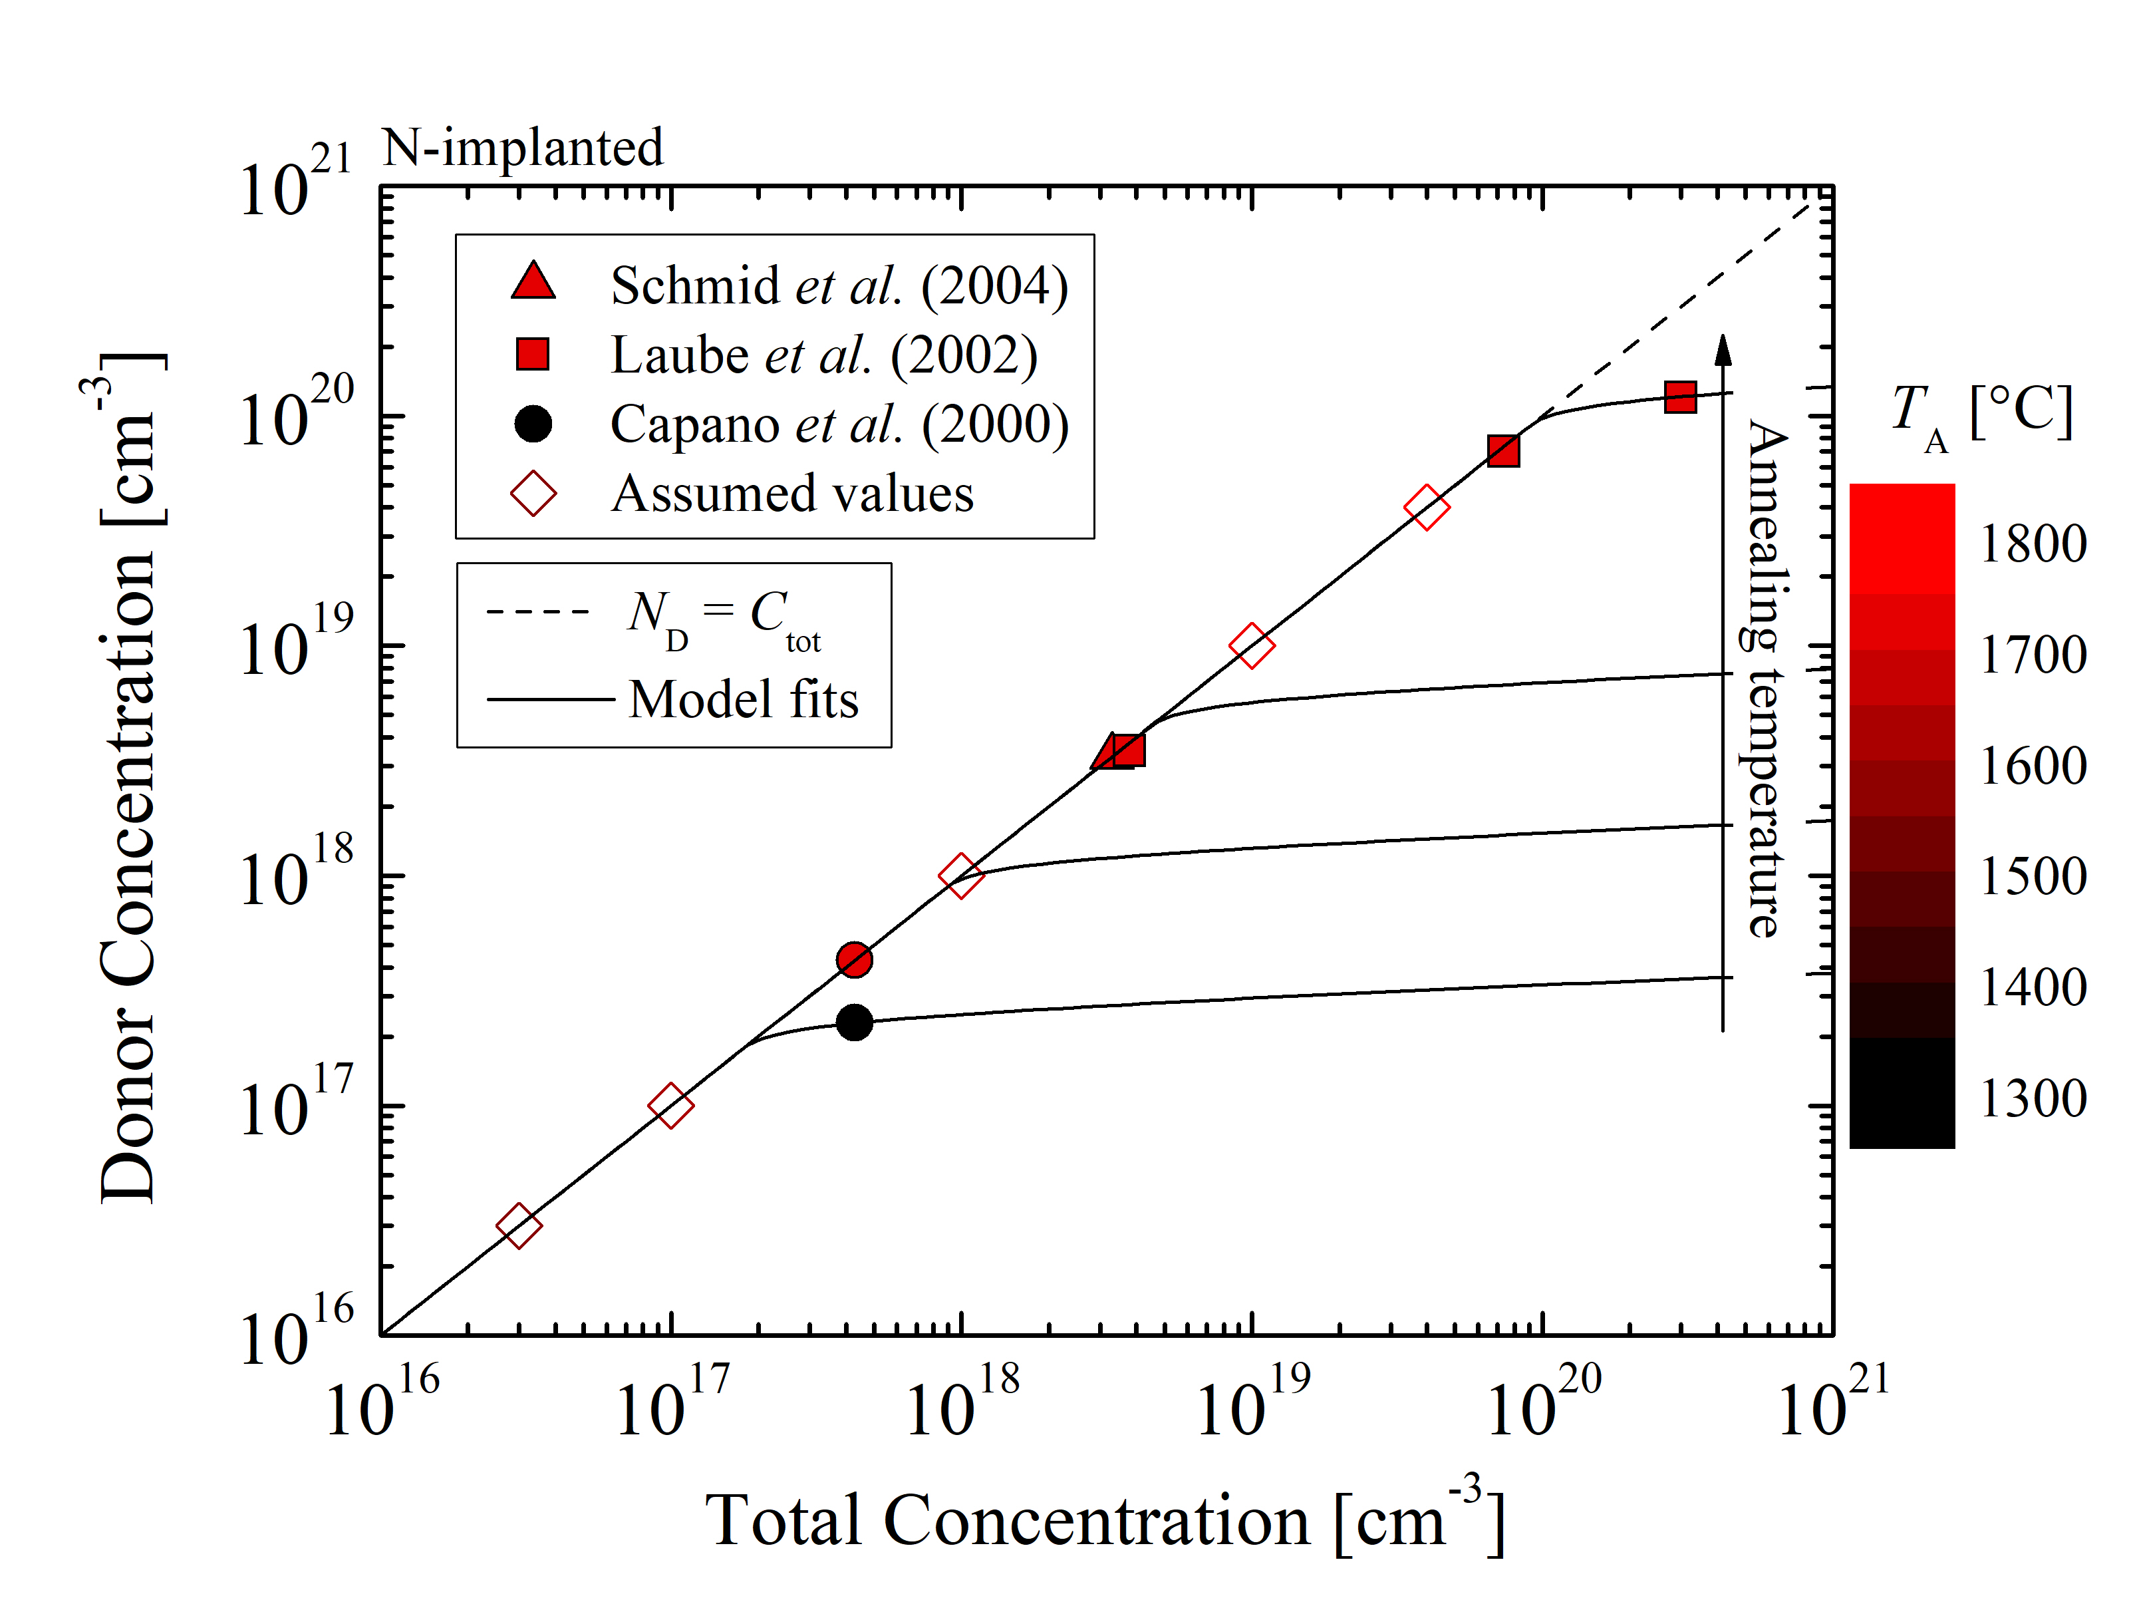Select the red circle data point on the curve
[854, 959]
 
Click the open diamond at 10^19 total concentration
[1251, 645]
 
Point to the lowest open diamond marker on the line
[519, 1225]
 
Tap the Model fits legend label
[743, 699]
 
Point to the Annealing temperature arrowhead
[1723, 349]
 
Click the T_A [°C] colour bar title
[1981, 414]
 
